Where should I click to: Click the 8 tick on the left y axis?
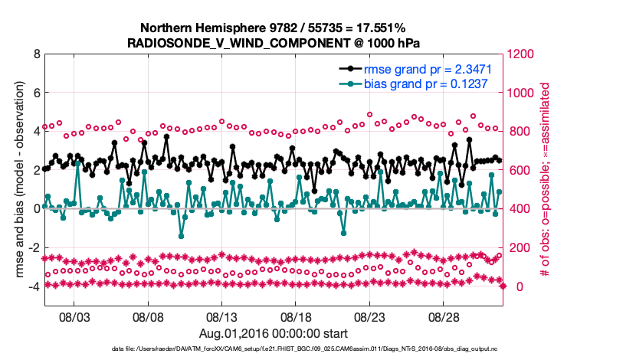coord(36,54)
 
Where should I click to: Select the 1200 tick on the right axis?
coord(521,54)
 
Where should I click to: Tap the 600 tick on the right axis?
coord(518,171)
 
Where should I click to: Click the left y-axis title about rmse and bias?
coord(17,180)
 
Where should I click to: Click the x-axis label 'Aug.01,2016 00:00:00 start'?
coord(274,333)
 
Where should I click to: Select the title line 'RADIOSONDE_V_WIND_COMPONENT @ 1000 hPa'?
coord(274,43)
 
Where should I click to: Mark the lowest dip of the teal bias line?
coord(182,236)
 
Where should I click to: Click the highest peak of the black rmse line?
coord(166,136)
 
